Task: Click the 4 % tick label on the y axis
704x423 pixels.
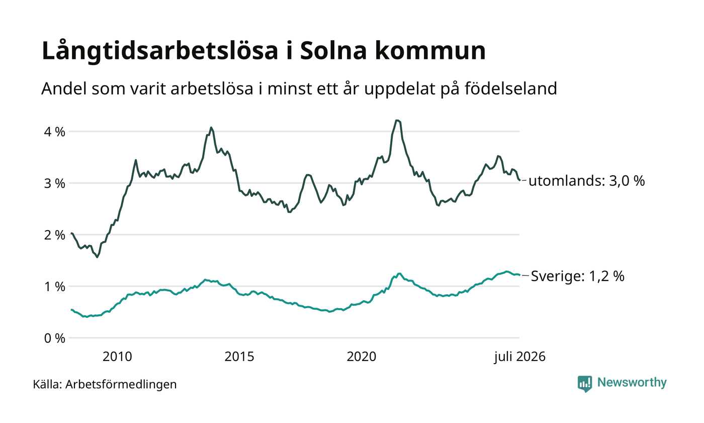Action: (x=55, y=131)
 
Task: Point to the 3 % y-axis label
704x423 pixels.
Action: (x=55, y=183)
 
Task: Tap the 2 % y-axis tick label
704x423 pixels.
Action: (x=55, y=235)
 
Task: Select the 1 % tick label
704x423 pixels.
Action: (x=55, y=287)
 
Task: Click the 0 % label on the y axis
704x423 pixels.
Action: (x=55, y=338)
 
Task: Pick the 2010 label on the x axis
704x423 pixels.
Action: (x=117, y=357)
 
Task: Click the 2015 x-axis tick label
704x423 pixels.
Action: (x=239, y=357)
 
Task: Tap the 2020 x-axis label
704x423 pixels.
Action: (x=362, y=357)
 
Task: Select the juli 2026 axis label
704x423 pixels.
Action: (x=520, y=357)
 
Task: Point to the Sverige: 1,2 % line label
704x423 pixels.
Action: (x=578, y=276)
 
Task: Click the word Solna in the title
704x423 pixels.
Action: (x=333, y=50)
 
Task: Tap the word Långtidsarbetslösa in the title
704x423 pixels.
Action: (x=160, y=51)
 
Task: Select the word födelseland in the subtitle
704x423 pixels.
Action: (x=511, y=89)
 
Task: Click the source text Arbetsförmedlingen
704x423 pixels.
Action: (x=121, y=385)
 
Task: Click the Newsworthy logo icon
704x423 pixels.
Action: (x=584, y=384)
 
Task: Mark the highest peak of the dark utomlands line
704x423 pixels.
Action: (x=398, y=120)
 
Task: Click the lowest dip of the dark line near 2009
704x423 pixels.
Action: (x=97, y=257)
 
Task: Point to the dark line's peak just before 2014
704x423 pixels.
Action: (x=211, y=127)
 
